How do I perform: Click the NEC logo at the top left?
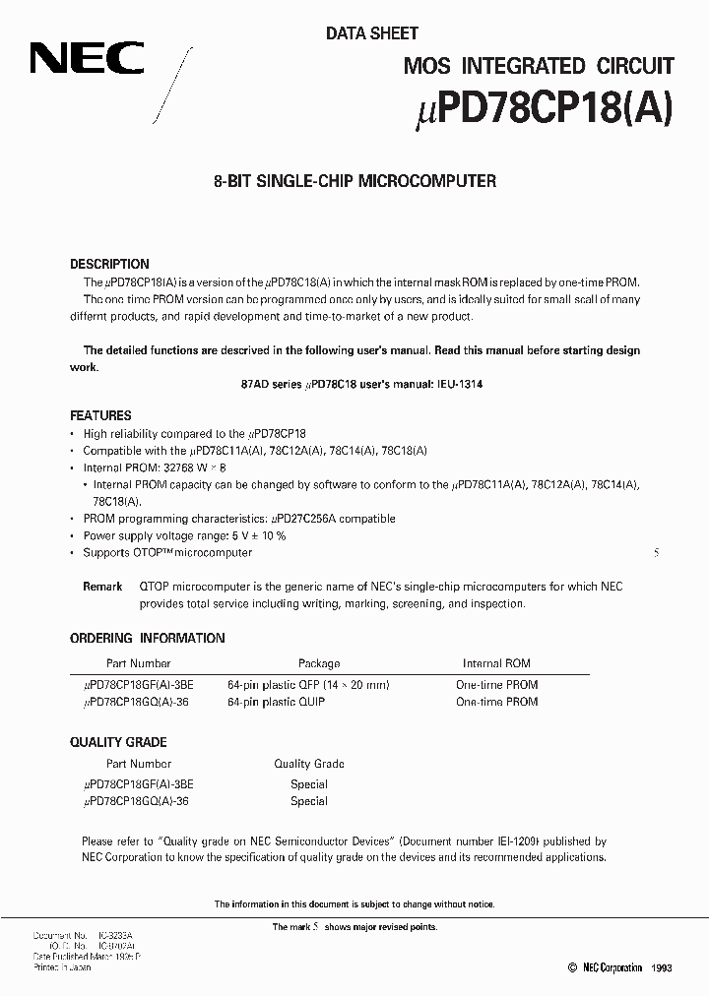coord(86,60)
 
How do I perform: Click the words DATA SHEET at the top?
coord(372,33)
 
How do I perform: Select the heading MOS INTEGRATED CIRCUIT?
coord(539,66)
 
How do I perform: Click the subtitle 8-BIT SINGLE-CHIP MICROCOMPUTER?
coord(354,181)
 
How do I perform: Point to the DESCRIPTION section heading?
coord(109,264)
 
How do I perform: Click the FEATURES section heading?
coord(100,415)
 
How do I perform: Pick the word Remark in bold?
coord(102,587)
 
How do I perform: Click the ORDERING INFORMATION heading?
coord(148,638)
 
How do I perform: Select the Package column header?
coord(319,663)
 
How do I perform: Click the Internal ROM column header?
coord(496,663)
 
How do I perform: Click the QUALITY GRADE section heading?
coord(118,742)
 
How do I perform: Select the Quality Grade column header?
coord(308,764)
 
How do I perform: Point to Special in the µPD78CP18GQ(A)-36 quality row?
coord(308,801)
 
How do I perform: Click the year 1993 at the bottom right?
coord(661,968)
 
